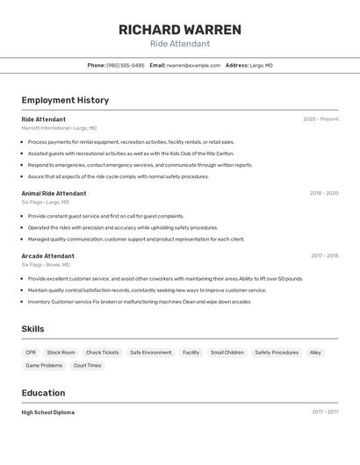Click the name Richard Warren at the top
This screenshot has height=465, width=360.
point(179,30)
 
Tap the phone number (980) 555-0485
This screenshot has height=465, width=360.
point(126,66)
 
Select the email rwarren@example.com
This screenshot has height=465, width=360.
point(194,66)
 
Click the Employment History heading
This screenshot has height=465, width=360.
point(65,101)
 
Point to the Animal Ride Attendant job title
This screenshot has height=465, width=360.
point(54,193)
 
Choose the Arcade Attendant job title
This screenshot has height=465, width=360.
point(47,256)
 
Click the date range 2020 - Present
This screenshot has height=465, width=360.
point(320,119)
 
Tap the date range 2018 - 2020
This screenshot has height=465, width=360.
point(324,193)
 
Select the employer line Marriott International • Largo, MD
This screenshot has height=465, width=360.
point(59,128)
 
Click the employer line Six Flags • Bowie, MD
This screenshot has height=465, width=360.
point(46,265)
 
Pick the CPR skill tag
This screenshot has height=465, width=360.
point(31,353)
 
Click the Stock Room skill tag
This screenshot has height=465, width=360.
point(61,353)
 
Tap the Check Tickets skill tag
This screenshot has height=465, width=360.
point(102,353)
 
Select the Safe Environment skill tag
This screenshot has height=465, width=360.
point(151,353)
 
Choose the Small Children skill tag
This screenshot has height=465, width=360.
point(227,353)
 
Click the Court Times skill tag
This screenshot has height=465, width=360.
point(87,365)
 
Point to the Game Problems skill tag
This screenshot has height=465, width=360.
point(44,365)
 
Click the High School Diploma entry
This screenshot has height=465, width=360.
point(47,412)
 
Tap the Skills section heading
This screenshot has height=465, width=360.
point(32,329)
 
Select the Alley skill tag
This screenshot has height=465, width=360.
point(315,353)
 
